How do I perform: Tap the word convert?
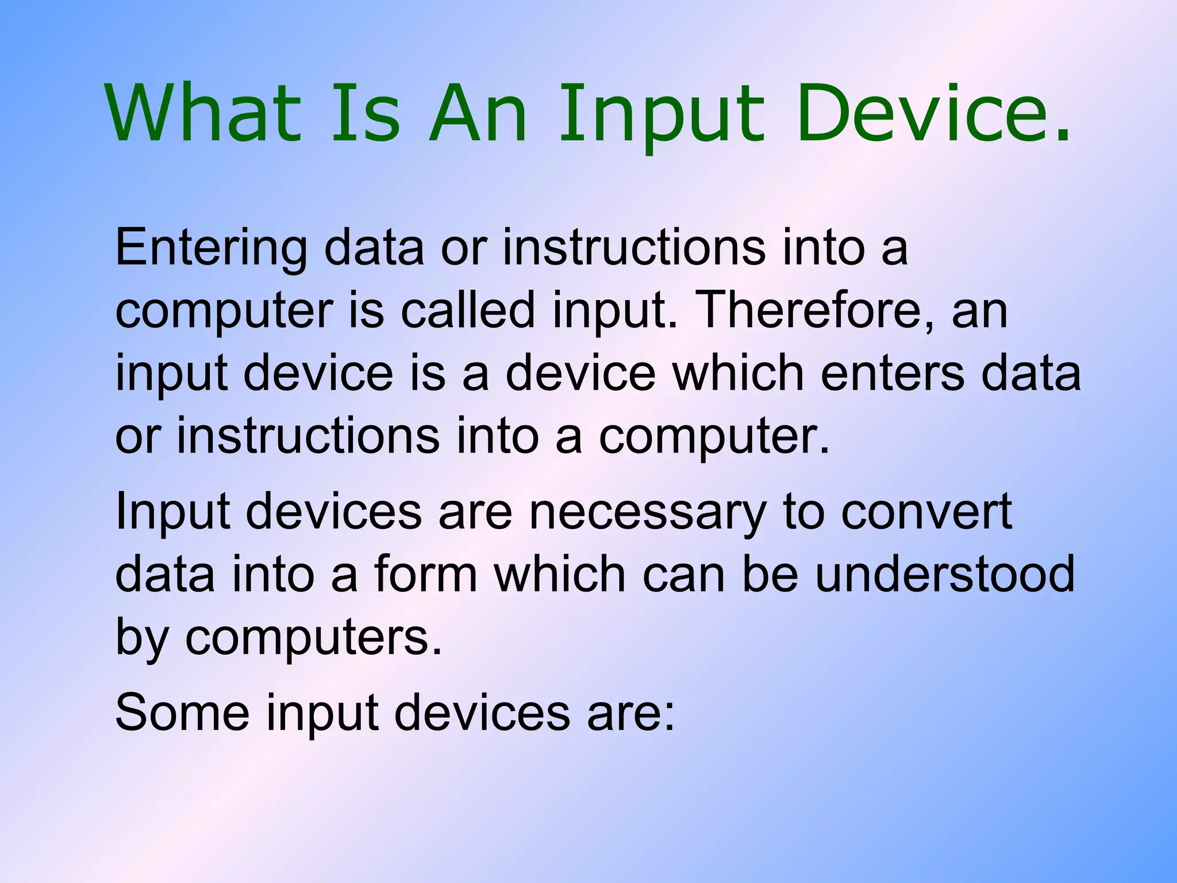point(926,512)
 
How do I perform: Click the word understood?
point(945,574)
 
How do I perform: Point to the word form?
point(426,574)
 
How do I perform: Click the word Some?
point(182,713)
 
